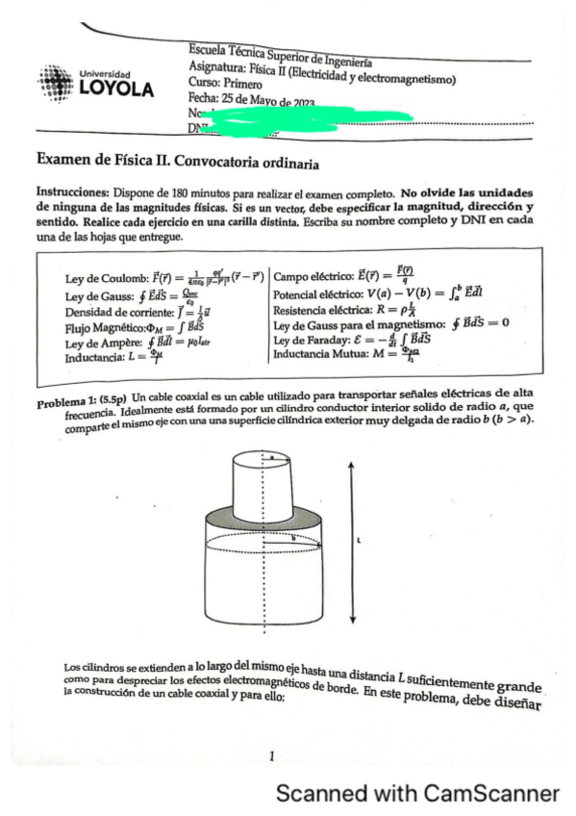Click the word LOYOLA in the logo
pos(115,89)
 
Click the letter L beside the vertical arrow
pos(359,542)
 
